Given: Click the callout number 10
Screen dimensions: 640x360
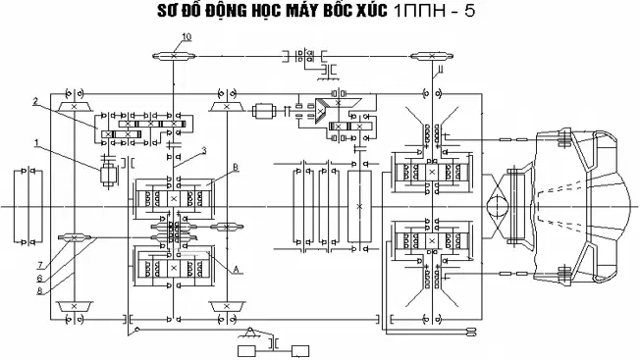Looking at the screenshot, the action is coord(187,36).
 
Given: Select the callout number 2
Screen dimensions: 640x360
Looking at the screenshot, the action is coord(35,101).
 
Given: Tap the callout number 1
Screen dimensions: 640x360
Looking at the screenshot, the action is coord(36,142).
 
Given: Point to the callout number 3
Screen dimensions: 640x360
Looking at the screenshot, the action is coord(204,151).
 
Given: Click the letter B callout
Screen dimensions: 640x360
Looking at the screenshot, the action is coord(236,167).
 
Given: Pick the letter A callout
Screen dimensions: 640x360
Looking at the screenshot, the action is coord(236,269).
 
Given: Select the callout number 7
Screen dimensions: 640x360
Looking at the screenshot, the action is coord(40,266).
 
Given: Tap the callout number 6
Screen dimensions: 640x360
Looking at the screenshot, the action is coord(39,279).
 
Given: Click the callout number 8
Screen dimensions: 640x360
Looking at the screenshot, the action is coord(39,291).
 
